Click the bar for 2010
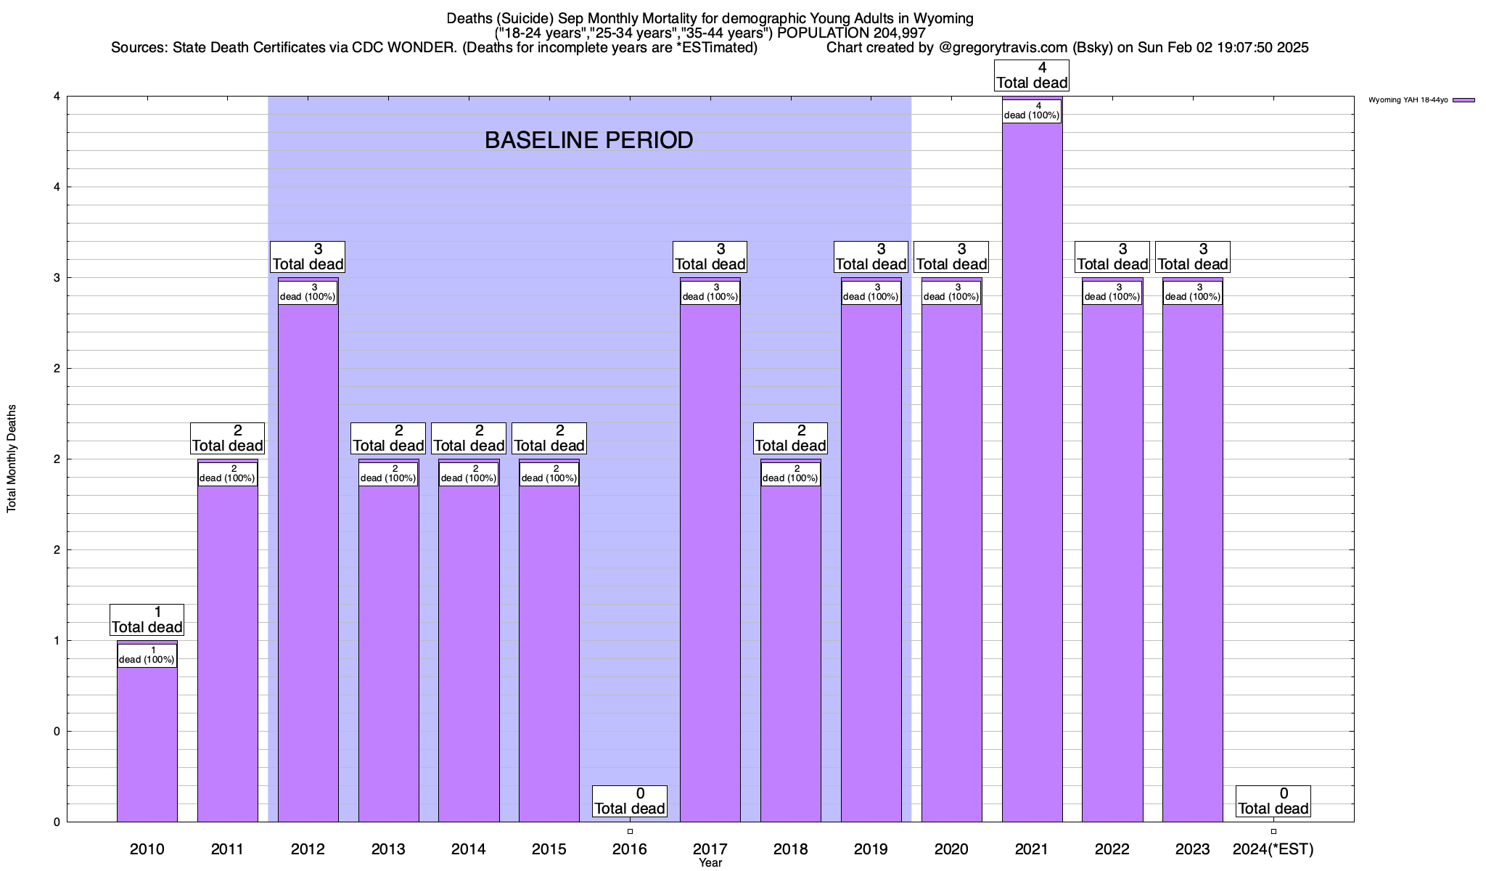click(x=147, y=740)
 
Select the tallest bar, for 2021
click(x=1032, y=472)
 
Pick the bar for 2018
click(x=790, y=653)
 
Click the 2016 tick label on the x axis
click(x=629, y=848)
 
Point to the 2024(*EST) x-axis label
click(x=1273, y=848)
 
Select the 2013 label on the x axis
click(x=388, y=848)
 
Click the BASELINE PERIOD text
click(x=588, y=140)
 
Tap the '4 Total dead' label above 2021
click(x=1032, y=75)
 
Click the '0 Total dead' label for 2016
click(x=629, y=801)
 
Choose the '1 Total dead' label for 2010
click(x=147, y=620)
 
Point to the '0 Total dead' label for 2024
click(x=1273, y=801)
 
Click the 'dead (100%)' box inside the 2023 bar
click(x=1192, y=293)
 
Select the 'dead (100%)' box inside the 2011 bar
click(x=227, y=474)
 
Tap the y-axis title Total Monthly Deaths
click(x=12, y=459)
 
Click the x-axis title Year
click(x=710, y=863)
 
